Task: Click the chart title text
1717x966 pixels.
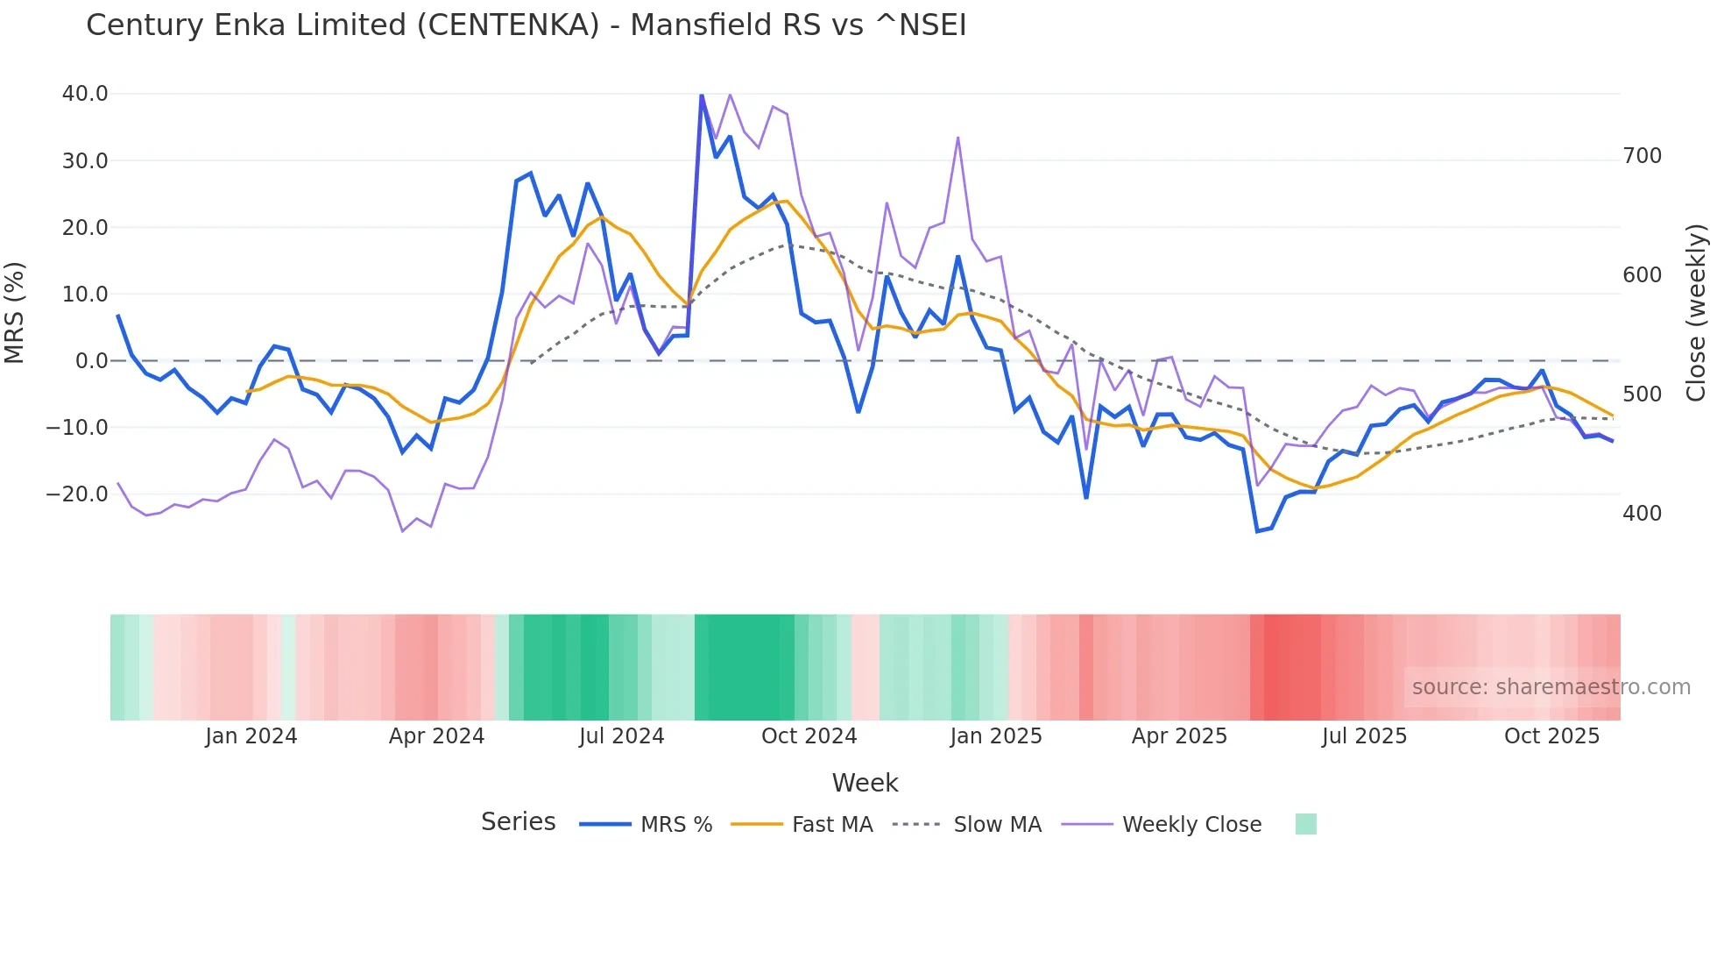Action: (x=526, y=25)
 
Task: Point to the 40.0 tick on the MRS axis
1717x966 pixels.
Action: (x=85, y=94)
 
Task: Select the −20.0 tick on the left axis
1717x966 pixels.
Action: (x=77, y=494)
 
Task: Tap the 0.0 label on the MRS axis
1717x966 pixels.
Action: (x=92, y=361)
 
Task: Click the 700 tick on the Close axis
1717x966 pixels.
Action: (x=1642, y=156)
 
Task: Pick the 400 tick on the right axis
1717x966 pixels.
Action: (x=1642, y=514)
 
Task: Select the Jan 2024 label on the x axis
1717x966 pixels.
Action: (x=251, y=736)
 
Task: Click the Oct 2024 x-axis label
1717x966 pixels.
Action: (x=809, y=736)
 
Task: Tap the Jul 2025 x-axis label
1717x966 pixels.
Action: (x=1364, y=736)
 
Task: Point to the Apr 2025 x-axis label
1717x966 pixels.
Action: (x=1179, y=736)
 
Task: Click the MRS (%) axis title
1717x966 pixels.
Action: (x=15, y=313)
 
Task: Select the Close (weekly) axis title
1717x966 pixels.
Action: (x=1697, y=313)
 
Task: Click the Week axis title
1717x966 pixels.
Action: (x=865, y=783)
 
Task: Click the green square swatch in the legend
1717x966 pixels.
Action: (x=1305, y=825)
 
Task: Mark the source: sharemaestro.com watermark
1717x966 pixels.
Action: (x=1551, y=687)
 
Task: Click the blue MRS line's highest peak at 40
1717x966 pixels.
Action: (x=702, y=96)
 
